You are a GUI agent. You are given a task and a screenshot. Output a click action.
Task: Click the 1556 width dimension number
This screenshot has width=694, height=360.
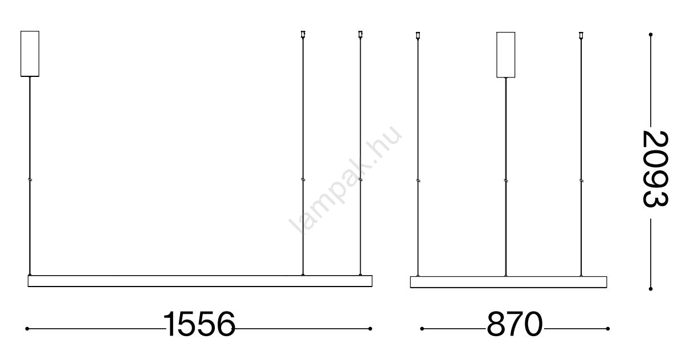tap(199, 324)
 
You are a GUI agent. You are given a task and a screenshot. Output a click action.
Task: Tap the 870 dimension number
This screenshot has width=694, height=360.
tap(515, 324)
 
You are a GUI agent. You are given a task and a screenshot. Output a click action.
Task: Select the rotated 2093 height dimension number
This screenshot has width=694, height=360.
tap(655, 169)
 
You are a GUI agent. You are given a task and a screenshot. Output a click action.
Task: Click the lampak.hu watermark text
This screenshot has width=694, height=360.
tap(345, 179)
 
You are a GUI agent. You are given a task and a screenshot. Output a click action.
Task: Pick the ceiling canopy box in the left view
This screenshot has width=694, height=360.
tap(30, 54)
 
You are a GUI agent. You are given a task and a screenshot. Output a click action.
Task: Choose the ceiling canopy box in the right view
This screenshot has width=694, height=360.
tap(505, 55)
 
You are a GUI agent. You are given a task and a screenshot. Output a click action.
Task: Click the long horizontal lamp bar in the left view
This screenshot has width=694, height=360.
tap(200, 281)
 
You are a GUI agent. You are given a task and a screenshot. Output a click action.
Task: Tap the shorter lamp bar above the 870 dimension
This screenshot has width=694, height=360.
tap(508, 282)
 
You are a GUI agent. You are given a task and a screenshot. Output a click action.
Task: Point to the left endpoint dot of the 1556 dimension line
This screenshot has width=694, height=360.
tap(27, 329)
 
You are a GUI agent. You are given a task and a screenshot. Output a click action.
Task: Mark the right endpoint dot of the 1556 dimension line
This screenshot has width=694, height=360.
tap(370, 329)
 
